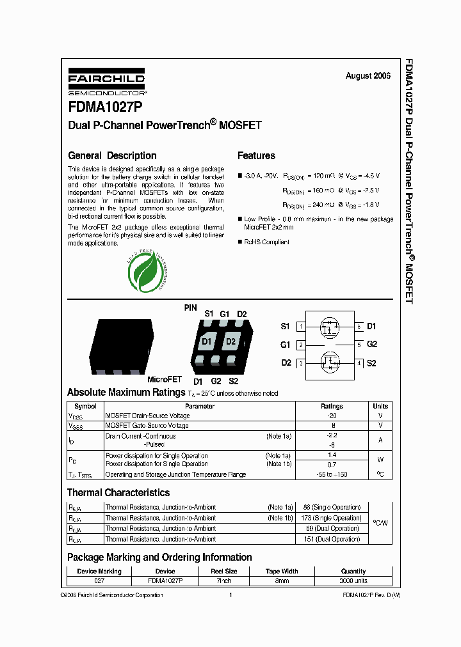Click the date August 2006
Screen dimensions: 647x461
point(368,75)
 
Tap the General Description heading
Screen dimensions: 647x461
point(112,155)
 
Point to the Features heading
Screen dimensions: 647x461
point(256,155)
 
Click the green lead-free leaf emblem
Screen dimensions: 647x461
point(147,271)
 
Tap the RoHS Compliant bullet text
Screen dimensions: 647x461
point(266,242)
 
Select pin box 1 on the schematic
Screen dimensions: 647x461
point(300,327)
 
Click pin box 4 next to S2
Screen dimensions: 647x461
point(360,363)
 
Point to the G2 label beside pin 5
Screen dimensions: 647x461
point(372,344)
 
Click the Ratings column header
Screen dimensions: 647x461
point(332,406)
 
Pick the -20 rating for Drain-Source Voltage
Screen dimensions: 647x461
point(332,416)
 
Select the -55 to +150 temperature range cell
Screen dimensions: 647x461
point(332,474)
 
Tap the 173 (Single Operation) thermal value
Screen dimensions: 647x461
point(332,518)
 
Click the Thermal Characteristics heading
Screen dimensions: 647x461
point(118,493)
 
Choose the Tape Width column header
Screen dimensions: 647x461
point(282,572)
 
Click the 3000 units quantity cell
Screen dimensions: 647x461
point(353,581)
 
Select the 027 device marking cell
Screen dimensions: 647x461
point(99,581)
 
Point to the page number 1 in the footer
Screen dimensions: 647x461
point(230,595)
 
